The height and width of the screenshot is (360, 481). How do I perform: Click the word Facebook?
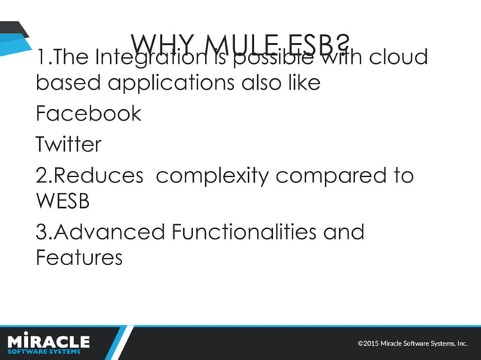(x=88, y=114)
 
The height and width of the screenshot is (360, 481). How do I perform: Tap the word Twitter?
(x=68, y=144)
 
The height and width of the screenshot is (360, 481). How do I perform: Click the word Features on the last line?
(x=78, y=258)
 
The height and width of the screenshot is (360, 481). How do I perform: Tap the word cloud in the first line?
(x=397, y=57)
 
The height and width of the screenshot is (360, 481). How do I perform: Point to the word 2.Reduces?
(x=89, y=176)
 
